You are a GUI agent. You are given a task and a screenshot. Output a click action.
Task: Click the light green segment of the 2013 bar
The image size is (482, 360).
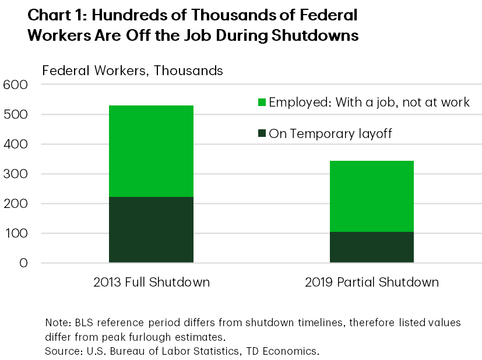tap(151, 151)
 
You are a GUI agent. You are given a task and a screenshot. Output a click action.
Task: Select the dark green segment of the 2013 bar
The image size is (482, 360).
tap(151, 230)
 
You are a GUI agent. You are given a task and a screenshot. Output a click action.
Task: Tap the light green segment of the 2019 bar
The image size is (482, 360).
tap(371, 196)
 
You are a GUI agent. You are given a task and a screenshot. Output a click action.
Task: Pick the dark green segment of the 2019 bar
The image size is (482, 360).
tap(371, 247)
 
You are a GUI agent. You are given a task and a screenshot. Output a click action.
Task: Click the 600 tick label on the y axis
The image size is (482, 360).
tap(16, 85)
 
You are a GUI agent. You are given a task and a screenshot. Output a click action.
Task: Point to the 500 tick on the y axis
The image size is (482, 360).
tap(16, 115)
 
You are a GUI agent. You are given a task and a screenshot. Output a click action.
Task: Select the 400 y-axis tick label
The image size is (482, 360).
tap(16, 144)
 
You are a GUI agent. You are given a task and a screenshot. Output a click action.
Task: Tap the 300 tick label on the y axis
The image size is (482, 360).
tap(16, 174)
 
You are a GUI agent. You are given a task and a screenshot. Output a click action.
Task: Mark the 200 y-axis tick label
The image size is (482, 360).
tap(16, 204)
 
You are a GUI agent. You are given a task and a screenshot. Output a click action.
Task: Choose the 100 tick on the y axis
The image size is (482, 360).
tap(16, 234)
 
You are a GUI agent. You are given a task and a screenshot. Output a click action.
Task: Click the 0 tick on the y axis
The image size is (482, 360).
tap(23, 263)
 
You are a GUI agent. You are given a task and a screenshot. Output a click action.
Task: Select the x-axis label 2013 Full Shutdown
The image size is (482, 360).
tap(151, 283)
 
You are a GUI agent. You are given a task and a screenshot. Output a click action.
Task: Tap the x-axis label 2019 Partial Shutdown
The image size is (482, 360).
tap(371, 283)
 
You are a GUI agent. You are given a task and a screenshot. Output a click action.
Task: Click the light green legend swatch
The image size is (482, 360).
tap(262, 103)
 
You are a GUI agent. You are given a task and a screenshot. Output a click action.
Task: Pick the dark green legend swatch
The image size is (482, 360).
tap(262, 134)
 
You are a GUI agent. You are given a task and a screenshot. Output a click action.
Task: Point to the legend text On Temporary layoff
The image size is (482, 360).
tap(330, 134)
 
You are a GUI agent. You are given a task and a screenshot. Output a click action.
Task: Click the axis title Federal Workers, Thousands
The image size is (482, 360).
tap(132, 71)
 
